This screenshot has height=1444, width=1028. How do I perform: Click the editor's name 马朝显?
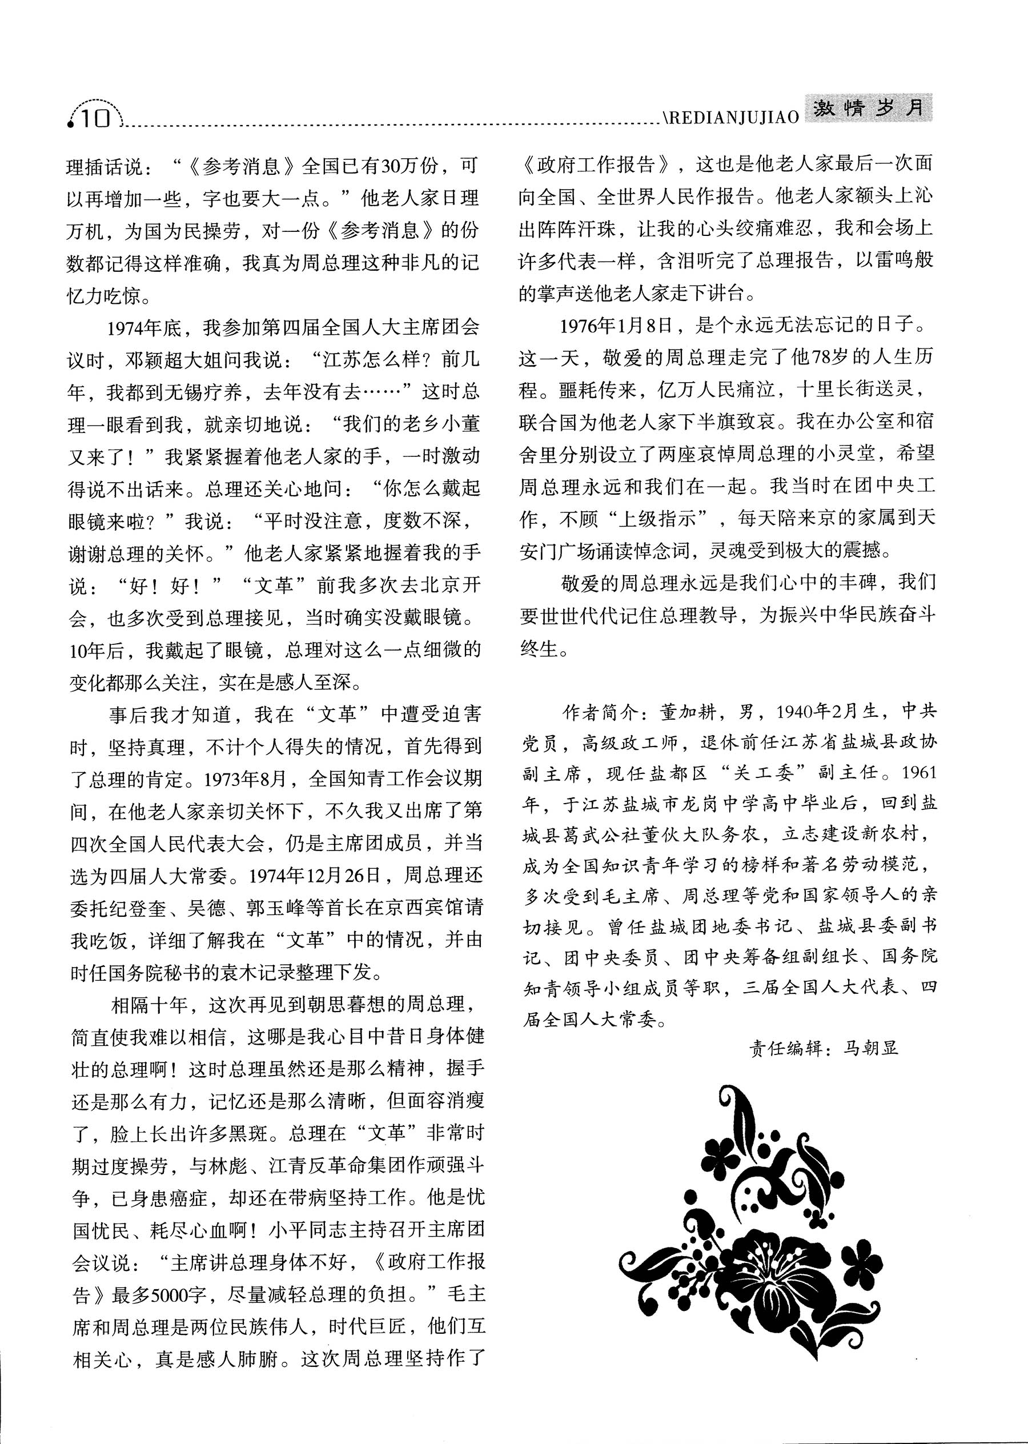tap(870, 1048)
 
